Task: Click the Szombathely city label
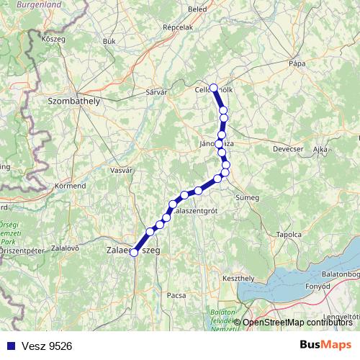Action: click(x=73, y=102)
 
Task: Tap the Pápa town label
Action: click(x=297, y=63)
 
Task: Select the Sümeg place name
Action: click(x=248, y=197)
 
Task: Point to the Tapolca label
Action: click(x=288, y=235)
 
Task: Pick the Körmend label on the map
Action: click(x=70, y=186)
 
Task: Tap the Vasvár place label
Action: click(x=122, y=170)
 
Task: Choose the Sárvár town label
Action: click(x=156, y=93)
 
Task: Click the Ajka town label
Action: click(x=321, y=149)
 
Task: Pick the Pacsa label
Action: click(x=176, y=295)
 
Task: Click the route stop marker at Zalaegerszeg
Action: click(x=133, y=252)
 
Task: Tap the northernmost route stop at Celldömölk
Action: click(x=213, y=88)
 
